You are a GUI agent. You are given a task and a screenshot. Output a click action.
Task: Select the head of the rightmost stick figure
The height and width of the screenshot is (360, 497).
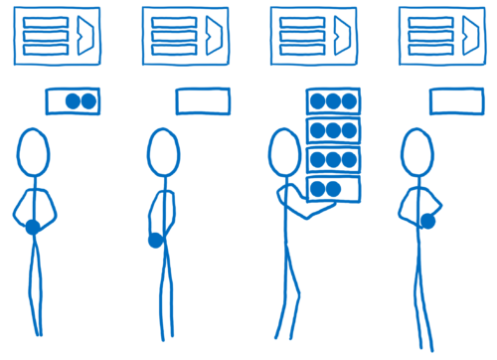pyautogui.click(x=415, y=156)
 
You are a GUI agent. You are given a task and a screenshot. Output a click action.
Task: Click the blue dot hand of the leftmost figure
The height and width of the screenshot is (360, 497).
pyautogui.click(x=33, y=228)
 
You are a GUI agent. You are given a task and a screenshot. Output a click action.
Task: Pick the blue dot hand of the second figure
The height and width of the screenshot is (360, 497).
pyautogui.click(x=155, y=240)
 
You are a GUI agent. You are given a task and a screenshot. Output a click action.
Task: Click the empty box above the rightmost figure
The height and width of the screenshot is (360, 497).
pyautogui.click(x=456, y=101)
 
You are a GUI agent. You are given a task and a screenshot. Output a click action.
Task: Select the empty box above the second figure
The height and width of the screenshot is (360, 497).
pyautogui.click(x=202, y=100)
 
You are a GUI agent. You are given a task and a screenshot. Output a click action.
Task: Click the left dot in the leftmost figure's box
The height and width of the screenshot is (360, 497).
pyautogui.click(x=73, y=101)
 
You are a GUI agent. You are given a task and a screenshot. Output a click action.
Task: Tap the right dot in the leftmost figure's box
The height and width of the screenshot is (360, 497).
pyautogui.click(x=88, y=101)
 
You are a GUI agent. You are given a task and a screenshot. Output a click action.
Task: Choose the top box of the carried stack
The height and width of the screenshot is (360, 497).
pyautogui.click(x=333, y=101)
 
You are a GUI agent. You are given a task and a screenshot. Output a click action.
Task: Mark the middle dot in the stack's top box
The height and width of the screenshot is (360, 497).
pyautogui.click(x=333, y=101)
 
